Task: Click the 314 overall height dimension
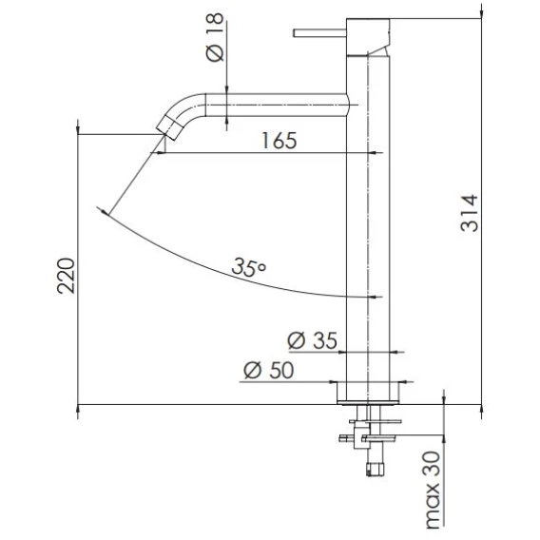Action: click(x=470, y=213)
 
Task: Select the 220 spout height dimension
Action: click(x=66, y=276)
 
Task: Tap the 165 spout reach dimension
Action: click(x=279, y=141)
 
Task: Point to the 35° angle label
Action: click(x=249, y=267)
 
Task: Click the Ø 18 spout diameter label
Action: click(x=215, y=37)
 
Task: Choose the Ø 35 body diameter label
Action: click(x=313, y=340)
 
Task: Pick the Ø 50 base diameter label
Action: click(x=269, y=370)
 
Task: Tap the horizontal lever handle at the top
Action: click(x=319, y=33)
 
